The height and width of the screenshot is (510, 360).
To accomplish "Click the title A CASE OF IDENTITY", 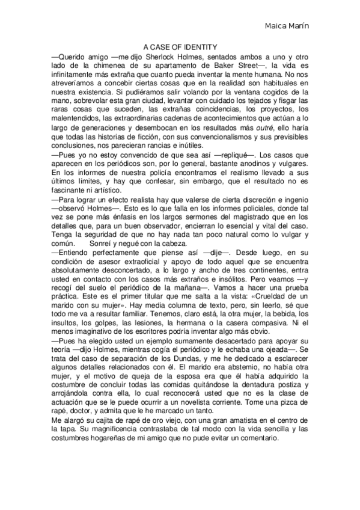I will click(180, 46).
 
